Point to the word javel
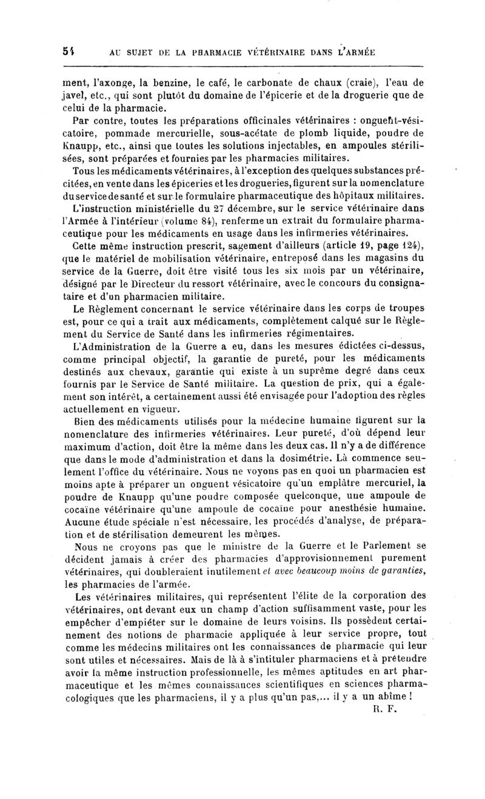click(x=76, y=95)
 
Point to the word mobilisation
click(x=176, y=259)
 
